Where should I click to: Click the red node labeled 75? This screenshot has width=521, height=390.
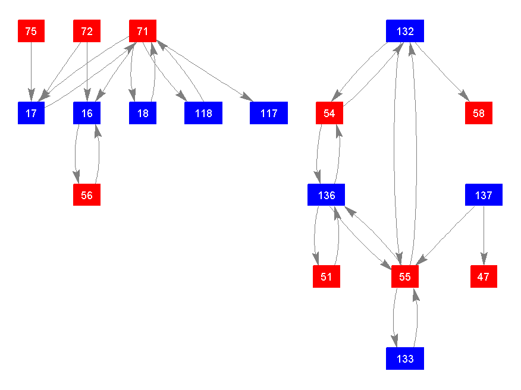(x=31, y=31)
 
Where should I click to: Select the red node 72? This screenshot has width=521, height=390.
(x=87, y=31)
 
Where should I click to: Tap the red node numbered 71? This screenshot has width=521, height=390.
(x=143, y=31)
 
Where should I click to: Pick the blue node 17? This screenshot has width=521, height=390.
(x=31, y=113)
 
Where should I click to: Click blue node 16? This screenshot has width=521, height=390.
(x=87, y=113)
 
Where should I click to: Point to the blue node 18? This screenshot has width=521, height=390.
(x=143, y=113)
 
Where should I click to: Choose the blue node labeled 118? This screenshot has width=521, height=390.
(x=203, y=113)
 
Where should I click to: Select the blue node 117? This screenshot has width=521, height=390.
(x=269, y=113)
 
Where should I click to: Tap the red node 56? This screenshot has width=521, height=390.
(x=87, y=195)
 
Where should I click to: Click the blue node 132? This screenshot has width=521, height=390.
(x=405, y=31)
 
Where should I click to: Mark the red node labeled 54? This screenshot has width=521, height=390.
(x=329, y=113)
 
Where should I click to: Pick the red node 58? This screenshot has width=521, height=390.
(x=479, y=113)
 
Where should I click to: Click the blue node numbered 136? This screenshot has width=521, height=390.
(x=327, y=195)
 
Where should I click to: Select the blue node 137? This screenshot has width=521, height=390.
(x=484, y=195)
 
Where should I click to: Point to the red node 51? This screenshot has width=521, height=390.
(x=327, y=276)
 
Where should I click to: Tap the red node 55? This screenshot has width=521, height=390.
(x=405, y=276)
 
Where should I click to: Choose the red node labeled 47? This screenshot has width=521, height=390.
(x=484, y=276)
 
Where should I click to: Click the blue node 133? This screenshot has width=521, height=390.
(x=405, y=358)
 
